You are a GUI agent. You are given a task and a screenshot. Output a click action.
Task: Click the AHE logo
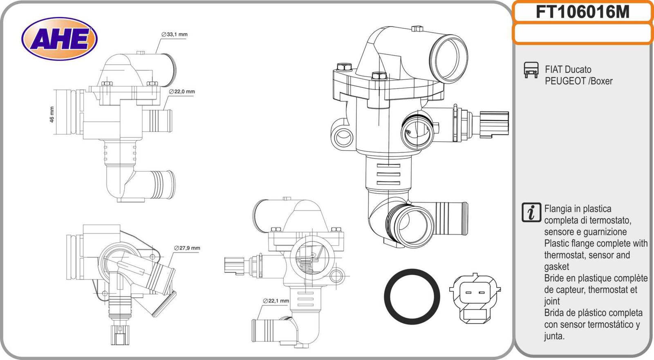point(59,39)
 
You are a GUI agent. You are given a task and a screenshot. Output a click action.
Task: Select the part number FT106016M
point(582,12)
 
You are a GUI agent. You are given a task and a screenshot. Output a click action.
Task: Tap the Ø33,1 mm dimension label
point(175,35)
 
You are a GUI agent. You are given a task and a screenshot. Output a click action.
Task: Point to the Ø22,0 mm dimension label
point(182,92)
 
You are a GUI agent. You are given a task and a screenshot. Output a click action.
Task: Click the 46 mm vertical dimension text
point(52,114)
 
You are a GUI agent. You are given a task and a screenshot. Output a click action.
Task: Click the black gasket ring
point(412,297)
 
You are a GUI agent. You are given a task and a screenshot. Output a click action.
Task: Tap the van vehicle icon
point(531,70)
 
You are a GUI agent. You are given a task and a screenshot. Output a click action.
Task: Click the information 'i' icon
point(531,212)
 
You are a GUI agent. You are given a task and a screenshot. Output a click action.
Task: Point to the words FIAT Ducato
point(568,69)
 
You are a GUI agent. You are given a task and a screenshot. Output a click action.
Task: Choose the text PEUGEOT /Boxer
point(578,81)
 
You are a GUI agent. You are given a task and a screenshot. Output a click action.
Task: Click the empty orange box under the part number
point(582,34)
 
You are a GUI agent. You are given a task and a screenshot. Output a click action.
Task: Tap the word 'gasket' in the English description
point(556,267)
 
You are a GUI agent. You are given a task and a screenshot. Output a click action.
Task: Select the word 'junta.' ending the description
point(554,336)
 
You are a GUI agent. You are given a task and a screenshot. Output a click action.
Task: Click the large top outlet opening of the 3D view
point(450,57)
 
